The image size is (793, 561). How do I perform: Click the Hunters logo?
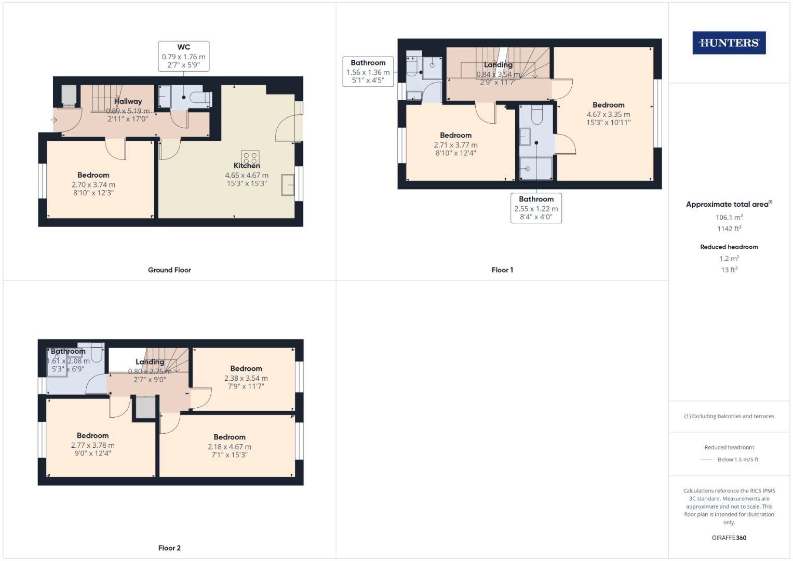(x=729, y=43)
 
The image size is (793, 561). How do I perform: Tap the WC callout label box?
(x=184, y=56)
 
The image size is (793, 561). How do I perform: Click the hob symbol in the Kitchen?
(x=250, y=157)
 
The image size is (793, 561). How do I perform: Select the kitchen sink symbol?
(x=288, y=185)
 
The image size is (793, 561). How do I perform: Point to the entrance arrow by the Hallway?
(x=54, y=121)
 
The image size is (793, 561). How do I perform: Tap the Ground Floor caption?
(x=169, y=270)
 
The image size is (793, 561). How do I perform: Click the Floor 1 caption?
(x=502, y=270)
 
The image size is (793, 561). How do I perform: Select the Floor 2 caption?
(x=169, y=548)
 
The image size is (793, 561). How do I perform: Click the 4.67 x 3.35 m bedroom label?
(x=608, y=114)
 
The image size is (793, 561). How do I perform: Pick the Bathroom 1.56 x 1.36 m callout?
(x=368, y=72)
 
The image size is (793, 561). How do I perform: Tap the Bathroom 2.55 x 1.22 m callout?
(x=536, y=208)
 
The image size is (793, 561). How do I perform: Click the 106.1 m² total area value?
(x=729, y=217)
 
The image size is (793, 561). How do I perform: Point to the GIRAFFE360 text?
(x=729, y=538)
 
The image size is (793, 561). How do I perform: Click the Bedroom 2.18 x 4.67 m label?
(x=229, y=446)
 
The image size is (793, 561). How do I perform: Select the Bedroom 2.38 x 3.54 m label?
(x=246, y=378)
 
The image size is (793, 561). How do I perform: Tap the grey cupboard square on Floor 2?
(x=145, y=407)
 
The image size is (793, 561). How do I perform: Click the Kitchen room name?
(x=246, y=166)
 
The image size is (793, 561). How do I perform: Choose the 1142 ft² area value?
(x=729, y=229)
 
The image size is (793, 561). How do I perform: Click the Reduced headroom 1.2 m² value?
(x=729, y=258)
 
